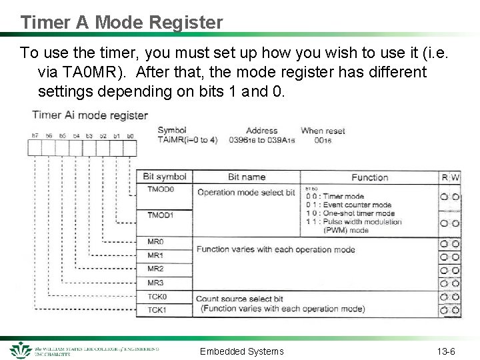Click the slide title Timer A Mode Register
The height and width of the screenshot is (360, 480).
(x=121, y=22)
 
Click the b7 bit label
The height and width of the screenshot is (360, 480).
(x=35, y=136)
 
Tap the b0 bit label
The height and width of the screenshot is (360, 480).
(x=130, y=136)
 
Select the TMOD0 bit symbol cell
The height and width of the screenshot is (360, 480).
(x=161, y=189)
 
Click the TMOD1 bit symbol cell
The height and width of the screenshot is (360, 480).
(x=161, y=215)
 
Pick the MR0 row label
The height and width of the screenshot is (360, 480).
(x=155, y=242)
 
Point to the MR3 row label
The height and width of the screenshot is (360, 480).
(x=155, y=283)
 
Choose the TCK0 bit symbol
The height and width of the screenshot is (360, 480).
(x=157, y=297)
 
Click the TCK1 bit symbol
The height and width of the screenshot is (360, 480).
(x=157, y=310)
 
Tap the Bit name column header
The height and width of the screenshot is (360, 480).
(x=246, y=177)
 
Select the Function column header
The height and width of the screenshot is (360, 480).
(x=369, y=177)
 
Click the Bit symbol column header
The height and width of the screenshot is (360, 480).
(x=165, y=177)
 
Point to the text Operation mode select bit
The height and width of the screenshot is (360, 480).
(x=245, y=193)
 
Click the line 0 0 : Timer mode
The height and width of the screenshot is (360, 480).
(x=335, y=197)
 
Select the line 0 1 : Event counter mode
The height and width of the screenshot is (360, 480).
(x=348, y=205)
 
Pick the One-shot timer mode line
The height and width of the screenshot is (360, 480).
(x=351, y=213)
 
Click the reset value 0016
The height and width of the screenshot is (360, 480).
(x=323, y=141)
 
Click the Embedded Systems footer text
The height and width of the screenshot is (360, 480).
(x=241, y=351)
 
